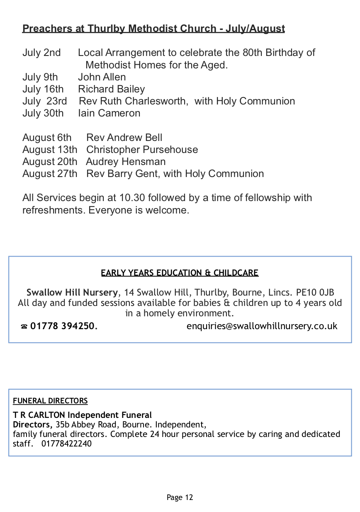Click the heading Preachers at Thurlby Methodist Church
coord(153,29)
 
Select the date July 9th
coord(40,77)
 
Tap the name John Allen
coord(102,77)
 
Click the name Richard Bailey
coord(111,89)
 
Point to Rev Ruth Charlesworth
coord(132,101)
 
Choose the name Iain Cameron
coord(109,113)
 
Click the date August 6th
coord(47,138)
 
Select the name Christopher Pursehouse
coord(142,150)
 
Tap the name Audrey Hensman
coord(126,162)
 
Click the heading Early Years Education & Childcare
coord(180,273)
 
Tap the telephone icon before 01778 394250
coord(24,327)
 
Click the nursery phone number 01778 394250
coord(64,326)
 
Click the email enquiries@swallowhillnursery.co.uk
coord(262,326)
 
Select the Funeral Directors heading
coord(50,401)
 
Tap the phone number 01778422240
coord(66,444)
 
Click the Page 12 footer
coord(180,497)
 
